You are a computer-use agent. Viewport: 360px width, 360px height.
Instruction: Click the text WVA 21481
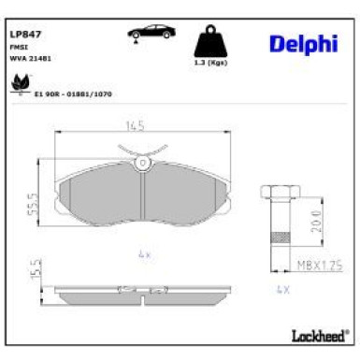(x=30, y=58)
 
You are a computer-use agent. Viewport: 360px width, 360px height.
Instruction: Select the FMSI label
(x=18, y=46)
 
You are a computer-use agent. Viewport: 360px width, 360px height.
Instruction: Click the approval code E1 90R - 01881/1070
(x=73, y=94)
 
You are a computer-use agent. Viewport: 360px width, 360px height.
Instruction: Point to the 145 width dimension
(x=138, y=126)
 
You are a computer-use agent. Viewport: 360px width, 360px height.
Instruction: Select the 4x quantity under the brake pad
(x=142, y=252)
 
